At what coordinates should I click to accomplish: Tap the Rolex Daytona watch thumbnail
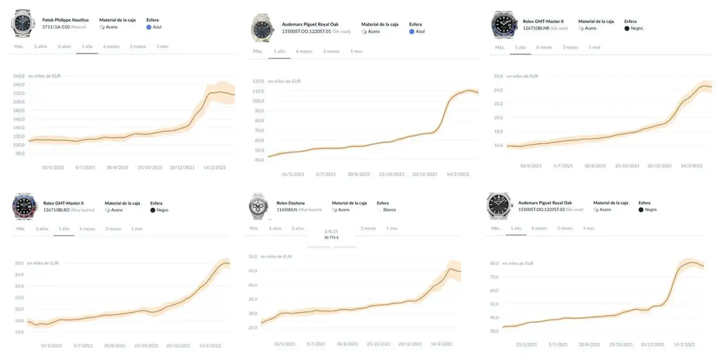[x=258, y=206]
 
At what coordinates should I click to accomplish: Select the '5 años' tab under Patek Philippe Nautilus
[x=40, y=47]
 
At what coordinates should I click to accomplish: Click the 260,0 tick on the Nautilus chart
[x=19, y=76]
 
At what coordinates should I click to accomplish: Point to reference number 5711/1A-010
[x=56, y=27]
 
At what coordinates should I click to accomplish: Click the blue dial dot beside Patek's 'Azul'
[x=149, y=27]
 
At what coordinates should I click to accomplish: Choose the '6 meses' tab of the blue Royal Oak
[x=304, y=52]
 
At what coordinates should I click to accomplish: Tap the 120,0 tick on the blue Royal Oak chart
[x=258, y=82]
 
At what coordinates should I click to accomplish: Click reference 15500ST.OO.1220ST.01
[x=307, y=31]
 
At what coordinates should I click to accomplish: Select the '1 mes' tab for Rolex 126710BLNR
[x=594, y=48]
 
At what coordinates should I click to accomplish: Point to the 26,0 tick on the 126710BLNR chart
[x=498, y=76]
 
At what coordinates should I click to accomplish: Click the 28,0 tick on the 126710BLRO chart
[x=19, y=263]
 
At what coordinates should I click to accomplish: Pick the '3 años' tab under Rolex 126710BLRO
[x=42, y=229]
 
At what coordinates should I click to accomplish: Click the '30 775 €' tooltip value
[x=331, y=238]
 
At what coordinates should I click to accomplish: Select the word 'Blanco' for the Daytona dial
[x=389, y=210]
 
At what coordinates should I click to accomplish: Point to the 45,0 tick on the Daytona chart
[x=253, y=271]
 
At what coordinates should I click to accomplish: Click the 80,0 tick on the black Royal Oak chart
[x=494, y=264]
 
